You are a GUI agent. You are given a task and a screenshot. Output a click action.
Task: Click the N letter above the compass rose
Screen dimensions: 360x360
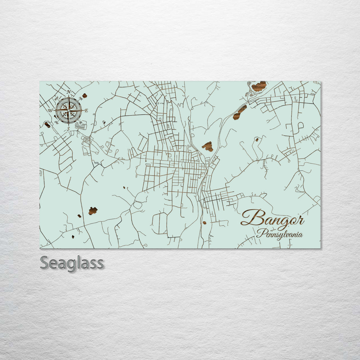pyautogui.click(x=69, y=92)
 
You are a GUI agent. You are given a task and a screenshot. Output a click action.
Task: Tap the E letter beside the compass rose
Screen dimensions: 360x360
pyautogui.click(x=86, y=111)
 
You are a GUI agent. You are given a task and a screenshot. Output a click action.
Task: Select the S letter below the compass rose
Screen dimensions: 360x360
pyautogui.click(x=68, y=129)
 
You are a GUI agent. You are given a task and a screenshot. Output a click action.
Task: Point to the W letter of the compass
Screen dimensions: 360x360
pyautogui.click(x=50, y=110)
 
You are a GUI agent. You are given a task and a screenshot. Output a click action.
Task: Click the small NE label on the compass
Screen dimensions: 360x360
pyautogui.click(x=80, y=99)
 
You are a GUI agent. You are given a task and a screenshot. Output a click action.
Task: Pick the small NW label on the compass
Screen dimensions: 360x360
pyautogui.click(x=57, y=98)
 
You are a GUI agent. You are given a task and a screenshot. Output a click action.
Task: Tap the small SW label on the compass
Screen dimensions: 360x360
pyautogui.click(x=56, y=122)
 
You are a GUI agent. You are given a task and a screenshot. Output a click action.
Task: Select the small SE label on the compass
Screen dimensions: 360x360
pyautogui.click(x=80, y=122)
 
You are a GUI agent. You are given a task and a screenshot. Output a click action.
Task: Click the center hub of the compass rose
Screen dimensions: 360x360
pyautogui.click(x=69, y=110)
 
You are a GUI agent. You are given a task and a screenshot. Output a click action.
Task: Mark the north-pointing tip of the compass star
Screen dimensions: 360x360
pyautogui.click(x=69, y=97)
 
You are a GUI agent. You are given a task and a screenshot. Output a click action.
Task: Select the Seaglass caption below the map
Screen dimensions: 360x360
pyautogui.click(x=72, y=263)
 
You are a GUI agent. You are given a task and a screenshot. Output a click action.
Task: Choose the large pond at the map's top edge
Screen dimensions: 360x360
pyautogui.click(x=259, y=86)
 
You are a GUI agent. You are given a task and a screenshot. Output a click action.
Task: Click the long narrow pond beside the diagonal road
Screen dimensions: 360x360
pyautogui.click(x=240, y=112)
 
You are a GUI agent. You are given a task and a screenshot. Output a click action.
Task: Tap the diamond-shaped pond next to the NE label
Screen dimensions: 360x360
pyautogui.click(x=85, y=95)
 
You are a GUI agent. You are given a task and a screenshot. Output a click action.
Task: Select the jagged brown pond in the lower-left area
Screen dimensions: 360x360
pyautogui.click(x=93, y=211)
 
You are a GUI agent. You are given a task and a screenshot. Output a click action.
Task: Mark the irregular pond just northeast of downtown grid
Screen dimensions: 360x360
pyautogui.click(x=208, y=146)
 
